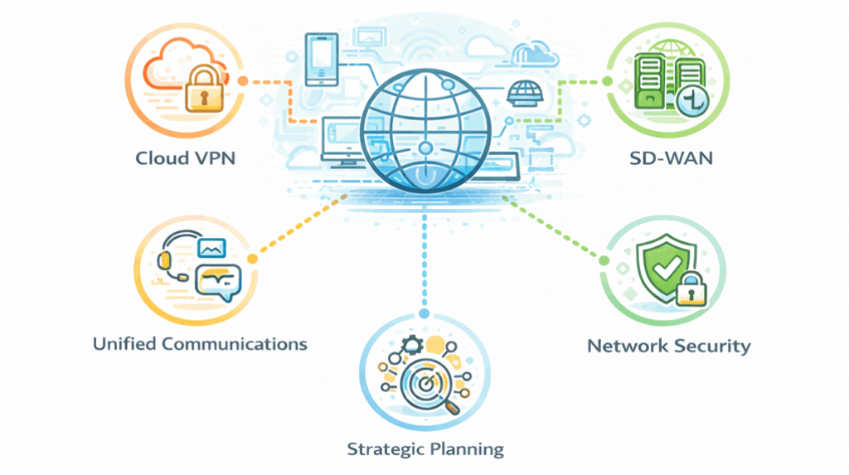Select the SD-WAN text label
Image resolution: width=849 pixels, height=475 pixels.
pos(669,158)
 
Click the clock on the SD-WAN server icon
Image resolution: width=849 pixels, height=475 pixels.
pos(687,102)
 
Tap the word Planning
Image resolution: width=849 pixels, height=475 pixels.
pos(468,449)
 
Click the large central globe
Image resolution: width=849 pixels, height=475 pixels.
pos(424,124)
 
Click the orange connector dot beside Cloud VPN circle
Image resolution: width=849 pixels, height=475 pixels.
pos(243,81)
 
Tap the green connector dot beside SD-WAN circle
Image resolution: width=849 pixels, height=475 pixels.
pos(606,81)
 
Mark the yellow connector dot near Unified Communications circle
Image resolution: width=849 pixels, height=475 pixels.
pos(253,259)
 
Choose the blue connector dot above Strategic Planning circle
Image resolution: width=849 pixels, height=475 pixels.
pos(424,313)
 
